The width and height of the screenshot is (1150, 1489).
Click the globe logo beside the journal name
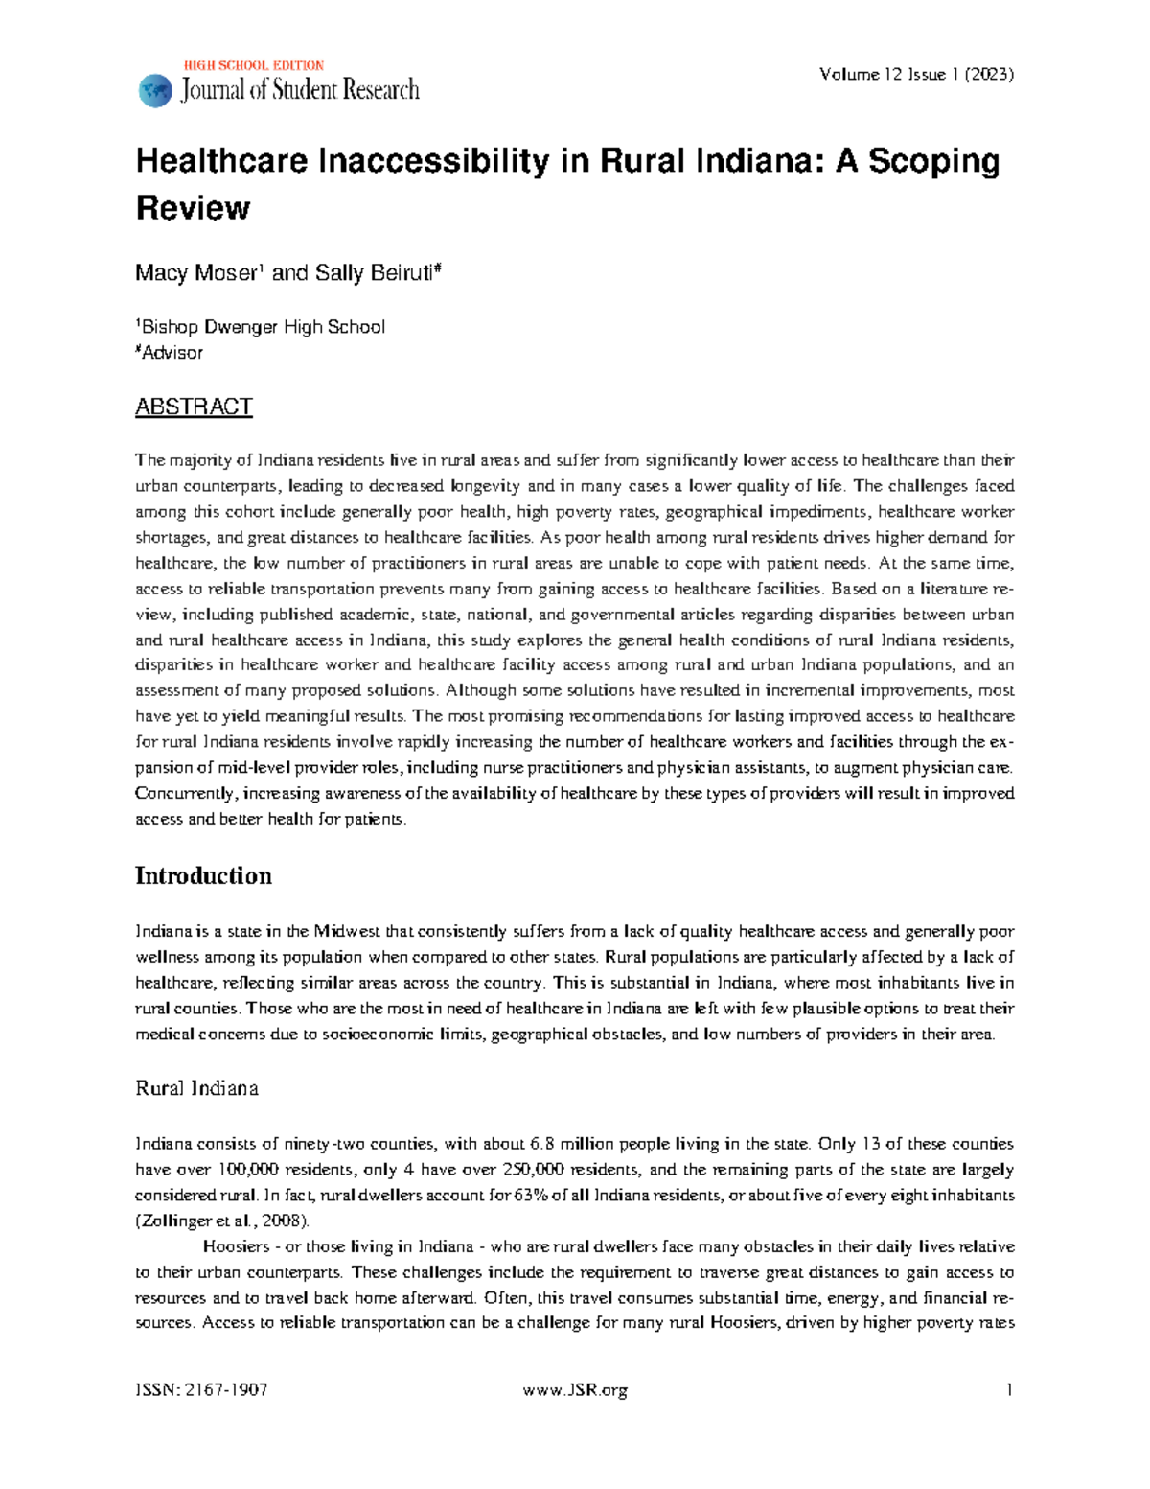[154, 91]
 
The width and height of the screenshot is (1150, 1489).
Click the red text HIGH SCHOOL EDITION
[253, 66]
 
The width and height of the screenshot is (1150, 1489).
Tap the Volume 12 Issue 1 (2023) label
[916, 74]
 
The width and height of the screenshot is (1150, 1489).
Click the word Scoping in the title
[933, 161]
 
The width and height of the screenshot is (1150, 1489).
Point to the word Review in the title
[193, 208]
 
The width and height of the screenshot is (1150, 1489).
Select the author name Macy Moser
[195, 273]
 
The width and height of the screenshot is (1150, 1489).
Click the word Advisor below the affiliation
[172, 353]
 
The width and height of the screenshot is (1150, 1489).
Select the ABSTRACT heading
[194, 407]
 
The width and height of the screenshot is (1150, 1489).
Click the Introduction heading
[203, 875]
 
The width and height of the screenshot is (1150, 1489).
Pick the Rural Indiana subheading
[196, 1088]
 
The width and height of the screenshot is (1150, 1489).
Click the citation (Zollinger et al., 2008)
[222, 1221]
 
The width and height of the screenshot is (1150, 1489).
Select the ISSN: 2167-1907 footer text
[201, 1390]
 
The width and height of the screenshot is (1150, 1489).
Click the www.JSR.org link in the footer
[575, 1390]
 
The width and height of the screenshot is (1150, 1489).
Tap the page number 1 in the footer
[1009, 1390]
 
